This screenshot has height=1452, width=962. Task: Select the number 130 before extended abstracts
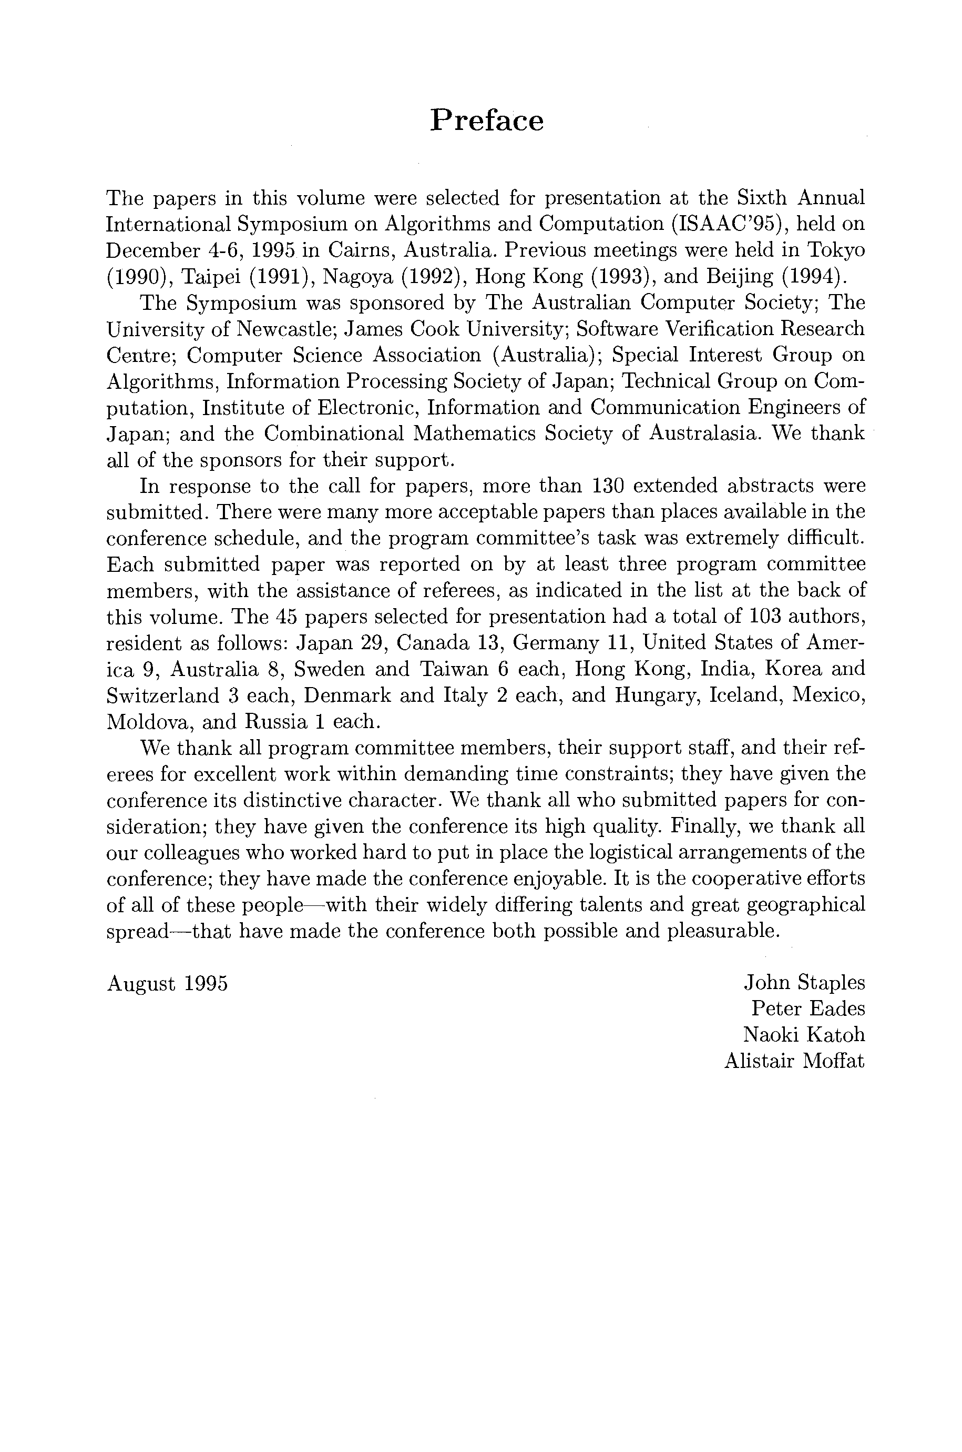[x=608, y=486]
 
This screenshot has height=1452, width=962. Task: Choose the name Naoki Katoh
[x=804, y=1035]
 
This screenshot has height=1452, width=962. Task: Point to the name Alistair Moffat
[x=794, y=1061]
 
